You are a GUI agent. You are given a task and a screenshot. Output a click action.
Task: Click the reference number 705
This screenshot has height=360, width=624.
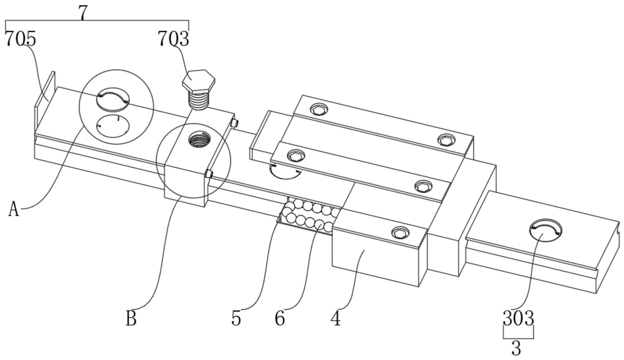20,39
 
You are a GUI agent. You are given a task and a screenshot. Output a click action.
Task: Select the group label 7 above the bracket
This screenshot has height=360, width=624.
83,13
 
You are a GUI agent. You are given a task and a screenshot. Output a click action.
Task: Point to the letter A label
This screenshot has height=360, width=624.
13,209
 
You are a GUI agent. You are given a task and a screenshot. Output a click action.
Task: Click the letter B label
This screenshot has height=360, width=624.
131,318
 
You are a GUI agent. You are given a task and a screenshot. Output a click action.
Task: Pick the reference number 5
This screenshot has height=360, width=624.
236,318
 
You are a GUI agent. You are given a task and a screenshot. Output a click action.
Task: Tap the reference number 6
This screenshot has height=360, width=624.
280,318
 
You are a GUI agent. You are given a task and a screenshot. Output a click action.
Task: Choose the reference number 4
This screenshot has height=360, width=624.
336,318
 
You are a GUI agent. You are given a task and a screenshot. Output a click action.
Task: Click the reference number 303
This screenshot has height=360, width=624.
518,318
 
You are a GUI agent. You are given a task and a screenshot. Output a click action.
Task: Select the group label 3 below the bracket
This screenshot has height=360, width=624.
516,348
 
